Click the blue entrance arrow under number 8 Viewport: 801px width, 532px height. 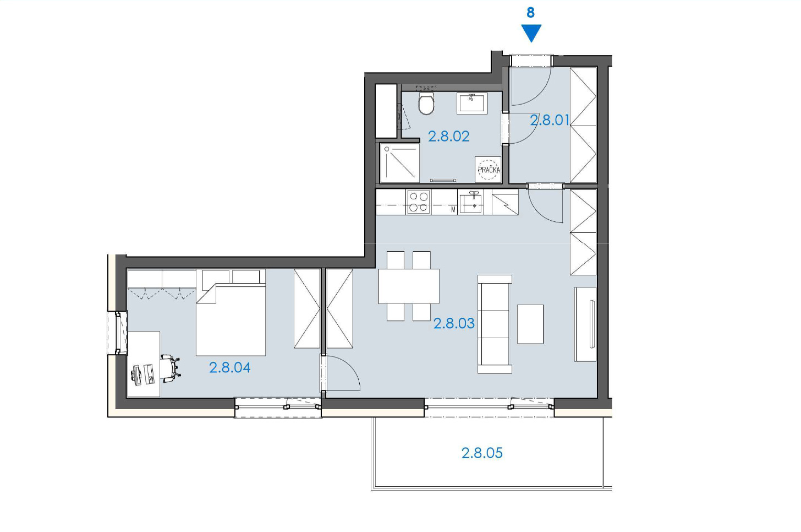click(531, 33)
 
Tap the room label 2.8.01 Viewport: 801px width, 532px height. click(550, 120)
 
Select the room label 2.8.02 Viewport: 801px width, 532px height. click(449, 137)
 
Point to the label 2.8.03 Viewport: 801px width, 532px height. click(454, 323)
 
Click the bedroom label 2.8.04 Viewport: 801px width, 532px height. click(229, 368)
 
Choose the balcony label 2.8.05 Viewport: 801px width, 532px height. click(482, 453)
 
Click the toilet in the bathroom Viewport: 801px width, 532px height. click(426, 103)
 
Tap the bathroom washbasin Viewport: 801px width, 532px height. click(471, 103)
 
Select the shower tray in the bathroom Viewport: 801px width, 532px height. click(400, 163)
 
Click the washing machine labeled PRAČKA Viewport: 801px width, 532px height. click(489, 169)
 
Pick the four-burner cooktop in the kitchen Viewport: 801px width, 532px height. click(418, 202)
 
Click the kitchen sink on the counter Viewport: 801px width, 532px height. click(470, 202)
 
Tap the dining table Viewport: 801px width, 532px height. click(409, 286)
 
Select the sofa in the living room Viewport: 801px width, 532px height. click(495, 324)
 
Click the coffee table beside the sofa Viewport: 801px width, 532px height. click(530, 324)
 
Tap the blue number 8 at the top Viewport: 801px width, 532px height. click(531, 13)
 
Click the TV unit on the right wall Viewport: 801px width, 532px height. click(585, 324)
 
